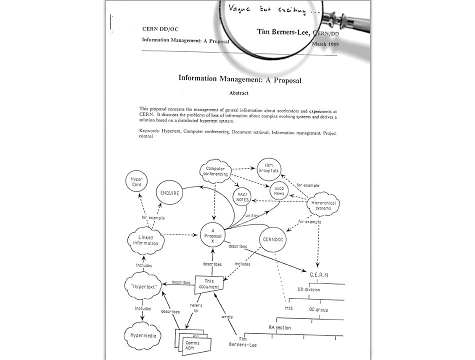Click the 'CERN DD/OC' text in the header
pos(160,28)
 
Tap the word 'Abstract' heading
pos(238,93)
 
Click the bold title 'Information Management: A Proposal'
pos(239,78)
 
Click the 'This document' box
pos(208,284)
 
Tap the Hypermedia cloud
pos(143,336)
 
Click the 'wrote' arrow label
pos(227,316)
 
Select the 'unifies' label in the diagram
pos(251,215)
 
